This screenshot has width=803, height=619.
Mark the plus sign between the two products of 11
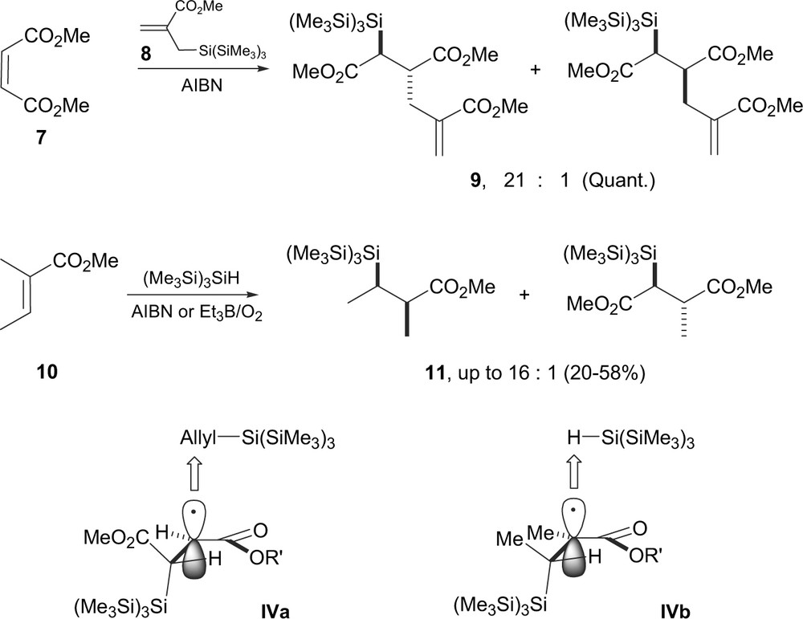[525, 295]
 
